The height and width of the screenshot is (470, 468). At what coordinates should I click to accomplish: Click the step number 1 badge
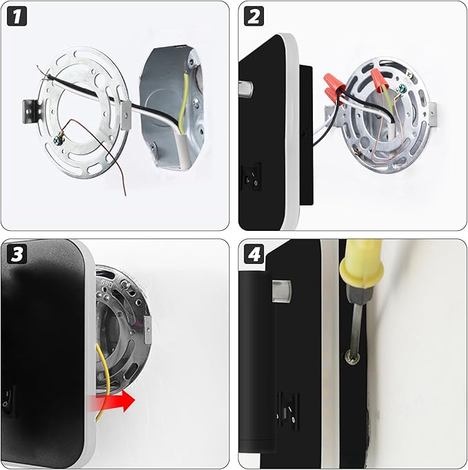[x=17, y=16]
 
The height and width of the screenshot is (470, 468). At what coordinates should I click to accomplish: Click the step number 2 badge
[x=254, y=16]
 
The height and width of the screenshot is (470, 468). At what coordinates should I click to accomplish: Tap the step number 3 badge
[x=17, y=254]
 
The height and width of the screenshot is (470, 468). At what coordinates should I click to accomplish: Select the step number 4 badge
[x=254, y=254]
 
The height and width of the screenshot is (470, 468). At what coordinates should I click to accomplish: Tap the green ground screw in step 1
[x=57, y=139]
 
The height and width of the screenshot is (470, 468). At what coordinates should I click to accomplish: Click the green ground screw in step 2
[x=401, y=88]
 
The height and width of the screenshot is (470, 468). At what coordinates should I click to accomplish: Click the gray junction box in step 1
[x=172, y=108]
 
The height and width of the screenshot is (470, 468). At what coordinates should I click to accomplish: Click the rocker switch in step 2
[x=252, y=177]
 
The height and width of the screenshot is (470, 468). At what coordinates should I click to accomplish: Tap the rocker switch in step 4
[x=287, y=410]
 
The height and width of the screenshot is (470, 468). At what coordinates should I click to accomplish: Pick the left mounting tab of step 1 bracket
[x=30, y=112]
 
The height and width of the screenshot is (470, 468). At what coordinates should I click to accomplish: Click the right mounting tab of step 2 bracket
[x=432, y=113]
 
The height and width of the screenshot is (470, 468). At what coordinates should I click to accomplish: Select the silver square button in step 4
[x=281, y=291]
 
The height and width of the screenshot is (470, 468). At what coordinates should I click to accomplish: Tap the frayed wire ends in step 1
[x=43, y=72]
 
